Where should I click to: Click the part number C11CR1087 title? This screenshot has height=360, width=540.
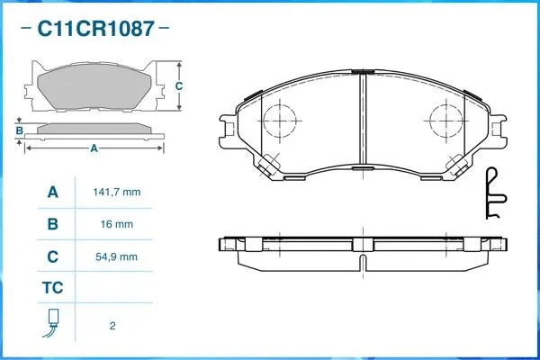[x=94, y=30]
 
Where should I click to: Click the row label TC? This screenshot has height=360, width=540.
[x=52, y=289]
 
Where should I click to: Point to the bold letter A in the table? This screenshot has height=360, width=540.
[x=52, y=193]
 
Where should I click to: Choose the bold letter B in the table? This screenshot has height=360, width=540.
[x=52, y=224]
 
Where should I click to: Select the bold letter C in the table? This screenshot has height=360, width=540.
[x=52, y=256]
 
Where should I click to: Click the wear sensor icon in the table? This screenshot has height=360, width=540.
[x=52, y=324]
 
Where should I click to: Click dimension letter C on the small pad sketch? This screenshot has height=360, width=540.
[x=178, y=86]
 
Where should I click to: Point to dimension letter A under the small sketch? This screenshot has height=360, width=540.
[x=94, y=148]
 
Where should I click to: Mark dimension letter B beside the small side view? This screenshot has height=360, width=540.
[x=19, y=131]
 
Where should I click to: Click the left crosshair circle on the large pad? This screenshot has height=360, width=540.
[x=279, y=119]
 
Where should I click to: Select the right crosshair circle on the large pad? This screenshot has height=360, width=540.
[x=445, y=119]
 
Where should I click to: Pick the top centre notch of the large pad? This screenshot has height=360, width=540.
[x=361, y=72]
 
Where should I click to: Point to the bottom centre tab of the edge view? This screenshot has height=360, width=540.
[x=361, y=262]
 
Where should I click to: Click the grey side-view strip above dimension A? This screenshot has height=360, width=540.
[x=94, y=129]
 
